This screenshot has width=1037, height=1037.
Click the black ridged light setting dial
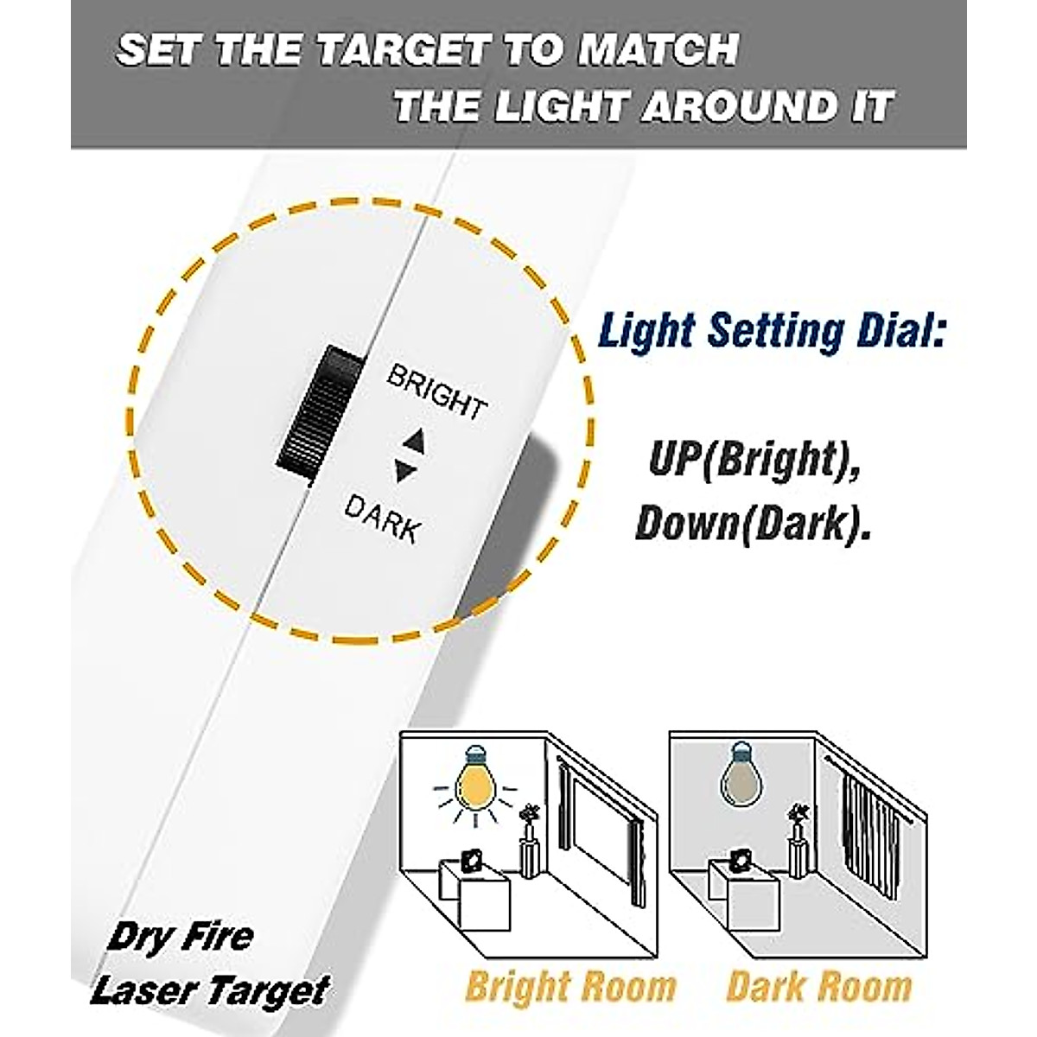click(314, 411)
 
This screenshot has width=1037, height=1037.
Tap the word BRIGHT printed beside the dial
click(436, 391)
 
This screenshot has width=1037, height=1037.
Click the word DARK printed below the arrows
click(381, 517)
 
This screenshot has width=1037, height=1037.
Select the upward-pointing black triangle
click(414, 442)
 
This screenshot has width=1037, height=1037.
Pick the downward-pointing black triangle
click(404, 471)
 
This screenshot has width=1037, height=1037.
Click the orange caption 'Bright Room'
click(570, 986)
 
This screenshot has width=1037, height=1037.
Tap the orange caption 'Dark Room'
click(819, 986)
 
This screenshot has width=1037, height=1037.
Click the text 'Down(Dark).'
click(752, 524)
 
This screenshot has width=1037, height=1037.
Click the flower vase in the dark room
click(800, 837)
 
